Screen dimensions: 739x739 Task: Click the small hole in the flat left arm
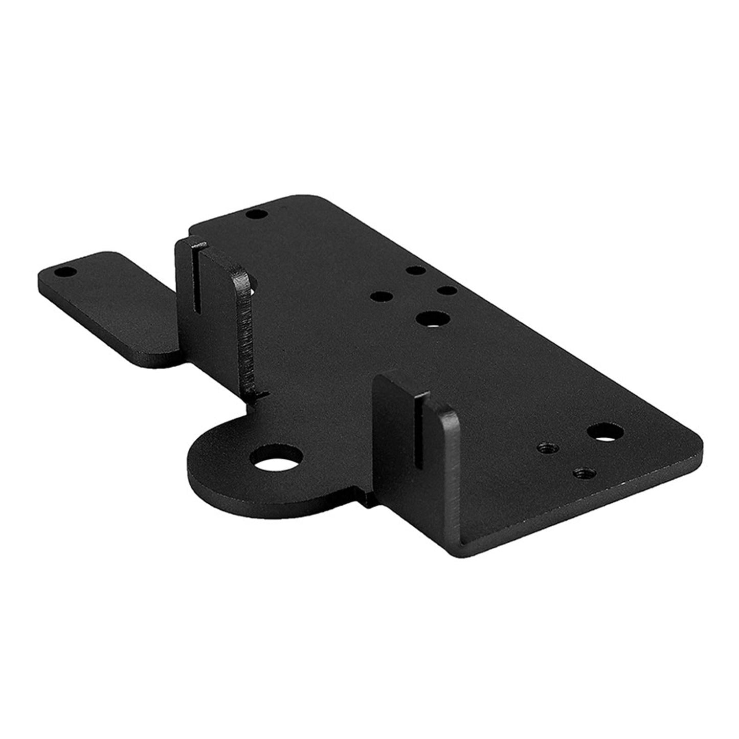[x=65, y=272]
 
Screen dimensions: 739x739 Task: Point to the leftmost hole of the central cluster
[x=380, y=296]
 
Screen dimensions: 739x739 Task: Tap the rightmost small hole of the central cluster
[x=446, y=290]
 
